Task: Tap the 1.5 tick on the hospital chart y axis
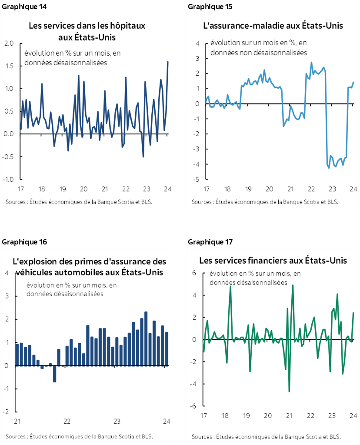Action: click(9, 66)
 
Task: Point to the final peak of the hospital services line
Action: click(168, 62)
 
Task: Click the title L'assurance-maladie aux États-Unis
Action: click(273, 26)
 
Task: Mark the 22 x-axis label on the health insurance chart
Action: click(311, 189)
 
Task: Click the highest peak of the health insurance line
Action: click(311, 63)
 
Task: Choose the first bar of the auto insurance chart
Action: click(17, 355)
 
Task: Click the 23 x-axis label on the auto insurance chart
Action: click(117, 421)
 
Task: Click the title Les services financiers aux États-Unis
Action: click(273, 261)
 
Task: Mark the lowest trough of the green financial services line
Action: click(290, 391)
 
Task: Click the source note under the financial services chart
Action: click(266, 437)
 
